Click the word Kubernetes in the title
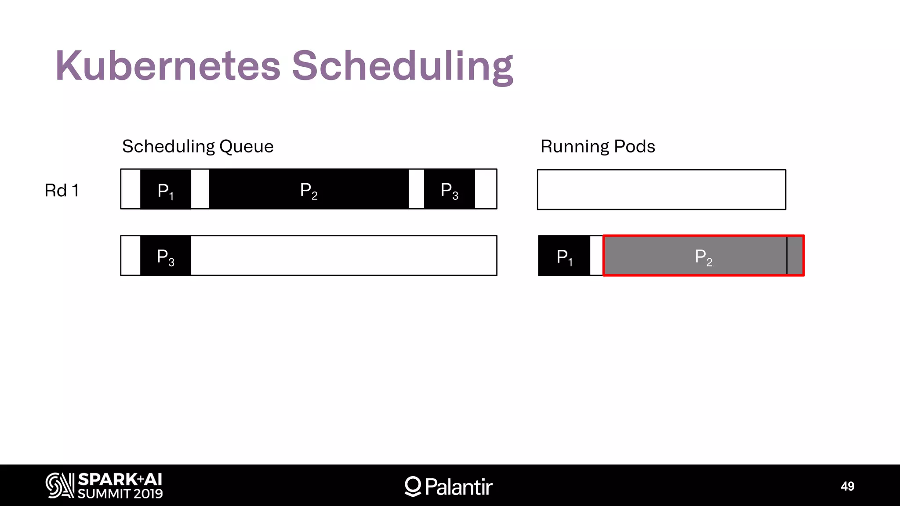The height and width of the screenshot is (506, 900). (168, 66)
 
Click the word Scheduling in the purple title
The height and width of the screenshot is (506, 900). (402, 66)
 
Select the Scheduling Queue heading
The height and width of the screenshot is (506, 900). (198, 146)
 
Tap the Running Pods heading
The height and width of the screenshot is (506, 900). (598, 146)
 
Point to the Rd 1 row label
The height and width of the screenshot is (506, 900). (62, 191)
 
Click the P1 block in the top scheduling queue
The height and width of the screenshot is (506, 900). (166, 190)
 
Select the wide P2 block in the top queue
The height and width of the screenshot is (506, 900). (308, 190)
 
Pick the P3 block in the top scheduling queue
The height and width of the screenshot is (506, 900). (449, 190)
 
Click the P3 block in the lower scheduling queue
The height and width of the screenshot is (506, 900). (166, 256)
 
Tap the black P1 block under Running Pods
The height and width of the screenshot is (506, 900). (564, 256)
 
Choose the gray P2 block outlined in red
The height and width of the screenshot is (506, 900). (703, 256)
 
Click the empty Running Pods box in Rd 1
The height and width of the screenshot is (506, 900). (661, 190)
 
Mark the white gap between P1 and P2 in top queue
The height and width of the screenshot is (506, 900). (200, 190)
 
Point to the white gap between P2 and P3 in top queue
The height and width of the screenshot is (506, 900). (416, 190)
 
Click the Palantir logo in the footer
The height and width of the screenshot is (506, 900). (449, 486)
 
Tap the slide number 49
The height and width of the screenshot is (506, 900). (847, 486)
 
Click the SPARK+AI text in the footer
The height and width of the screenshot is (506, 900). (120, 479)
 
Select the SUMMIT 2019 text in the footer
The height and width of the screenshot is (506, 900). (120, 494)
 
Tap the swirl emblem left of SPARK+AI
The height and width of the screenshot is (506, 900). (60, 485)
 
